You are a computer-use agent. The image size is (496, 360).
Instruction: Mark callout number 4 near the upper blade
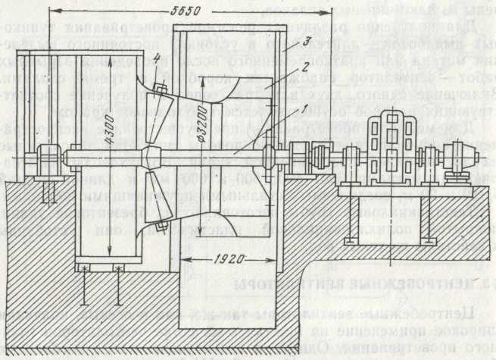[157, 58]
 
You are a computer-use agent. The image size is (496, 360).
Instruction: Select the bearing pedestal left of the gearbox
[351, 160]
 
